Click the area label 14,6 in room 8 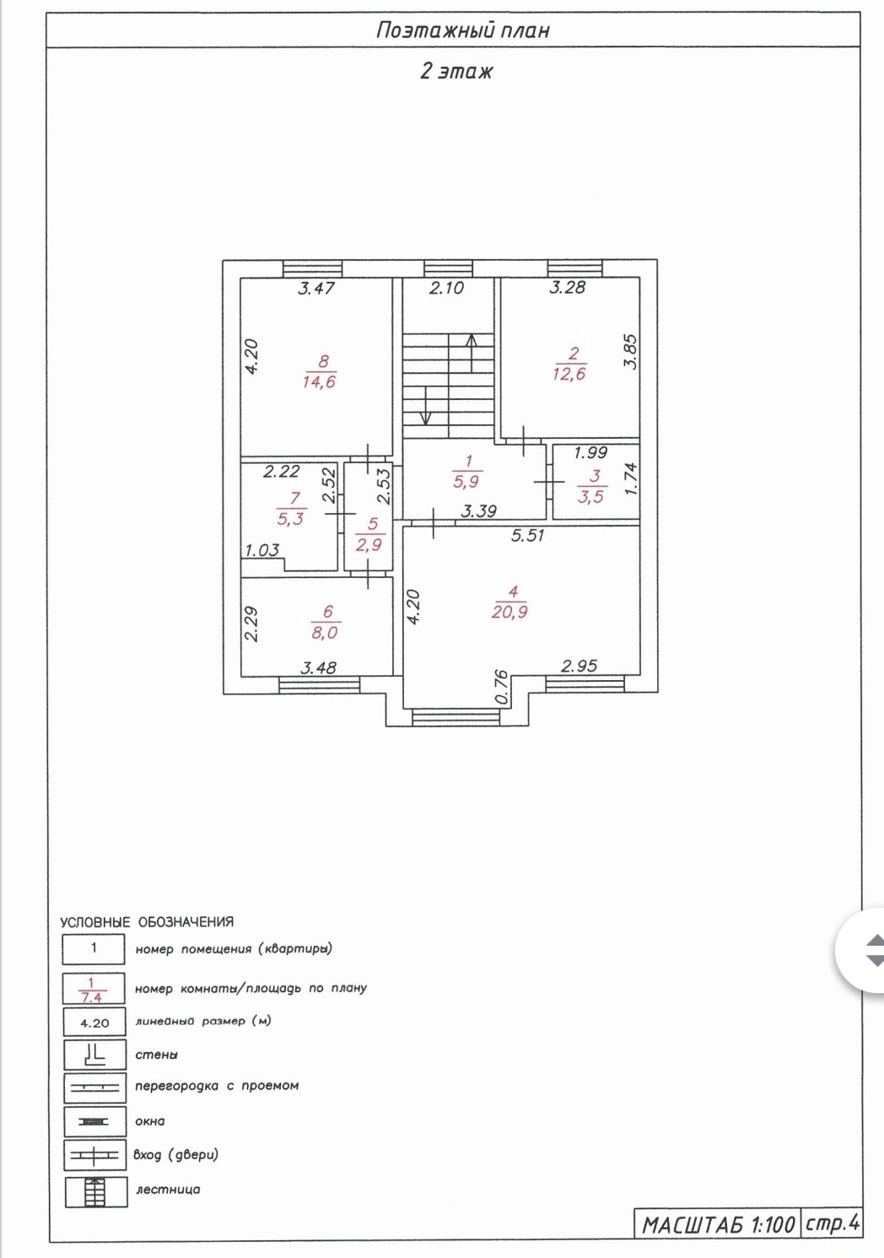point(319,382)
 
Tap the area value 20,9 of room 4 point(509,612)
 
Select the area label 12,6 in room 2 point(569,374)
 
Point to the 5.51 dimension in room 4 point(527,535)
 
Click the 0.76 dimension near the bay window point(502,687)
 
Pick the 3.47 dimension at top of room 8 point(316,289)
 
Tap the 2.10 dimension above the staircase point(446,288)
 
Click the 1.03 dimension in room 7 point(261,550)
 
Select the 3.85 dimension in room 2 point(631,352)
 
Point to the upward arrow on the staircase point(472,354)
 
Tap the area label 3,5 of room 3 point(590,496)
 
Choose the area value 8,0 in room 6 point(325,633)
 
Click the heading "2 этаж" point(456,72)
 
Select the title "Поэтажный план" point(462,30)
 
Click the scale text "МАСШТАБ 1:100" point(719,1225)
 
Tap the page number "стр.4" point(832,1223)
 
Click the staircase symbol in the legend point(95,1191)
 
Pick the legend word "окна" point(150,1121)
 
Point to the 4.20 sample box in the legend point(94,1022)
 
